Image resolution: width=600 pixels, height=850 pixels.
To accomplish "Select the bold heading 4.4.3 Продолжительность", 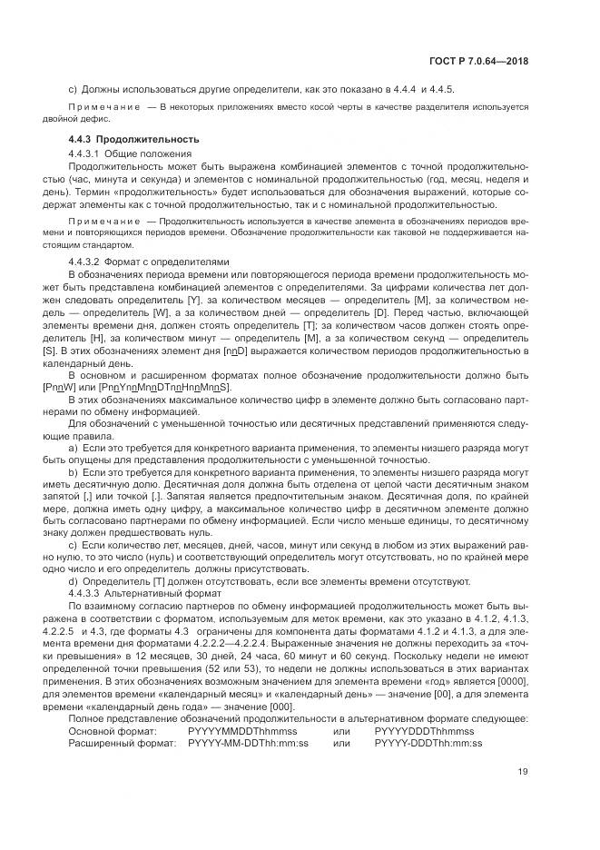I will pos(133,139).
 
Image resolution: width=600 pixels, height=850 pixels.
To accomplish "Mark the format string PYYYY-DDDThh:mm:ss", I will pos(428,743).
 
